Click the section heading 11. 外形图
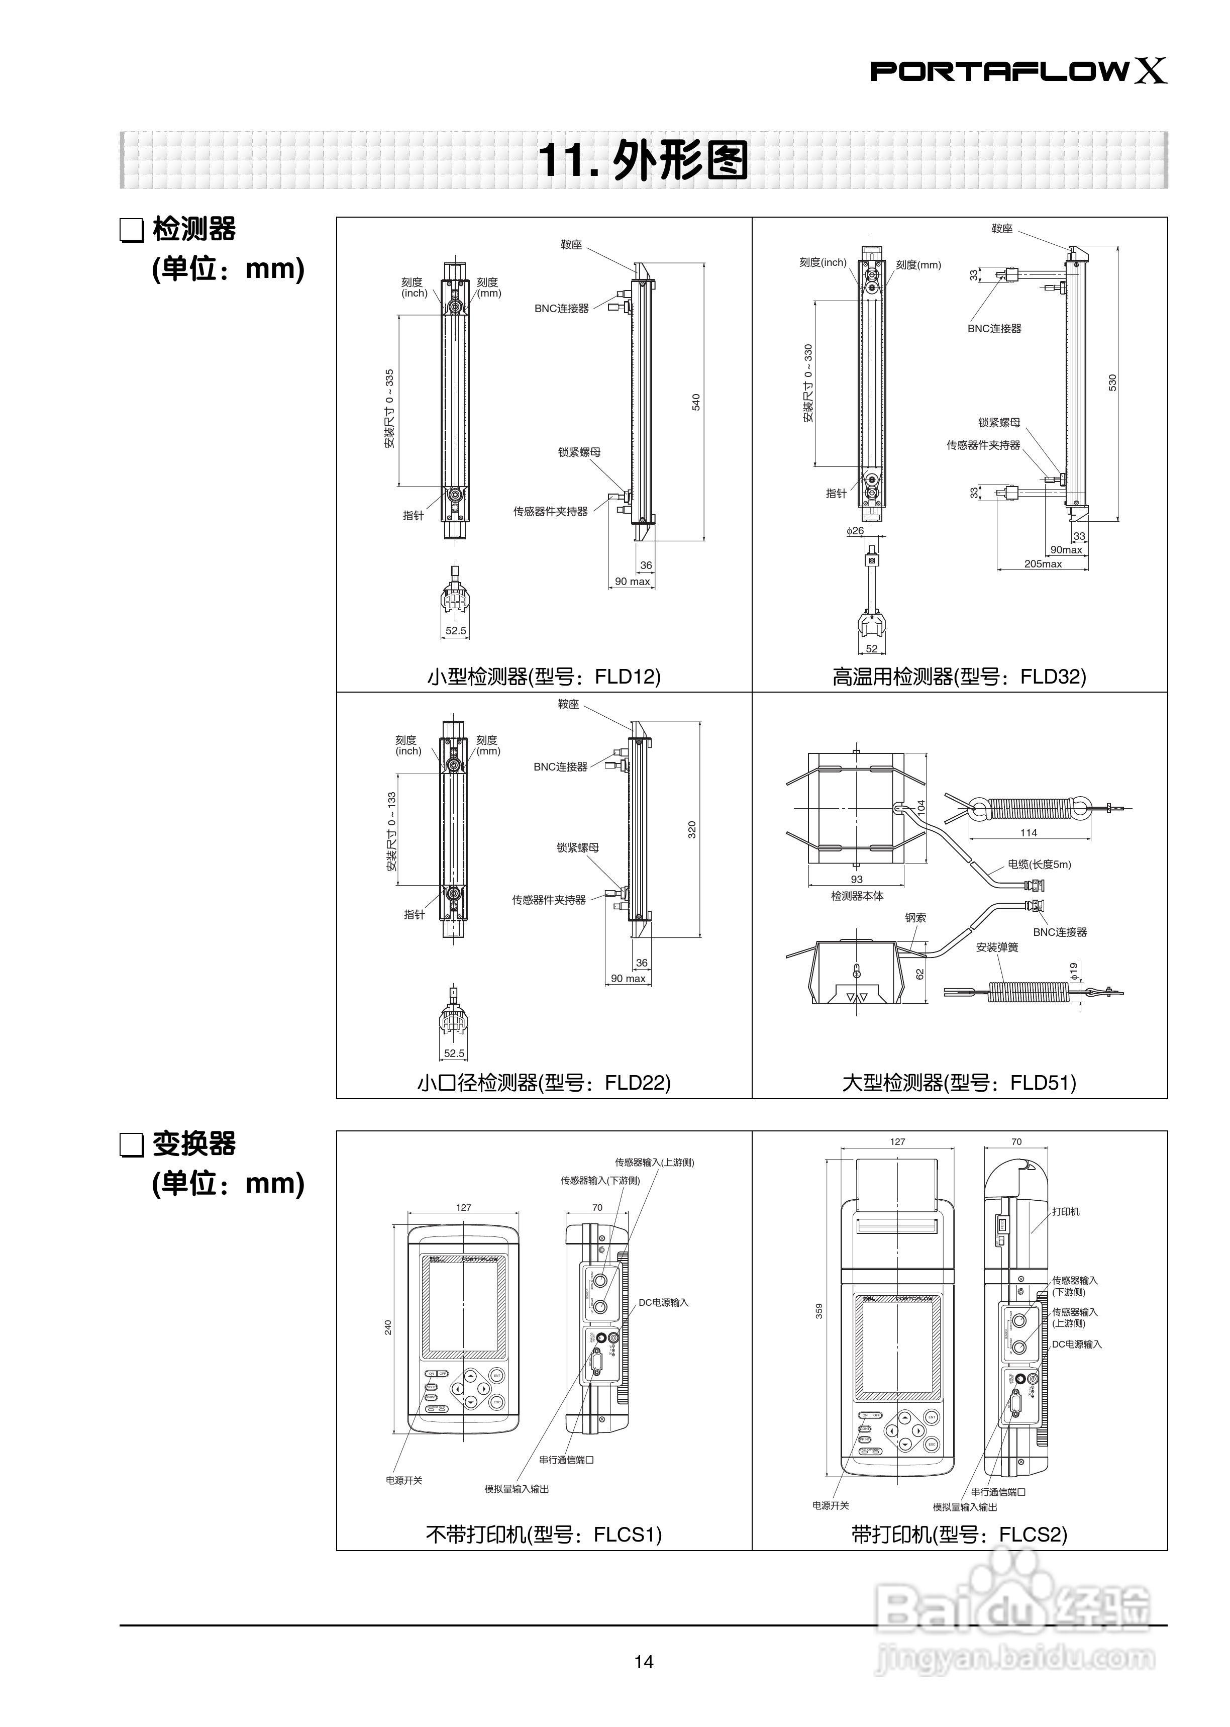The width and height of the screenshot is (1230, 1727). point(642,160)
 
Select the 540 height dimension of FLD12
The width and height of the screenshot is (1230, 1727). point(696,402)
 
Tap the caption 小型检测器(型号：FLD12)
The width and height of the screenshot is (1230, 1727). point(544,677)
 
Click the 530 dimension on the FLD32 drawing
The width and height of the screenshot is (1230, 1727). point(1112,382)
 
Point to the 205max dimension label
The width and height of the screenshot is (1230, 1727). point(1043,563)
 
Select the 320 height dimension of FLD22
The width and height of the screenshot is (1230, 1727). point(691,829)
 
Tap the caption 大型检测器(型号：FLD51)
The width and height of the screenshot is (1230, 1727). point(959,1083)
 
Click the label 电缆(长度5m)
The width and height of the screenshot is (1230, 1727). point(1039,865)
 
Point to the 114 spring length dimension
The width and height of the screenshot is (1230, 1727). point(1029,832)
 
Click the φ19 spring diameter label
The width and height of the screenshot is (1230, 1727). point(1073,970)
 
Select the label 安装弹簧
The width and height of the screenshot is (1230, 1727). point(997,947)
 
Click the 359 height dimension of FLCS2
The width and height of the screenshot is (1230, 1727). point(818,1311)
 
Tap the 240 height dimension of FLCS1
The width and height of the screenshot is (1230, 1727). point(388,1327)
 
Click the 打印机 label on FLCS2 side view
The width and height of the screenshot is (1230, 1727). point(1066,1212)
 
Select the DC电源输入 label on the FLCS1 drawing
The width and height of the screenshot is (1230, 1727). point(663,1303)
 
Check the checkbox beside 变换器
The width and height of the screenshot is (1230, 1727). point(132,1145)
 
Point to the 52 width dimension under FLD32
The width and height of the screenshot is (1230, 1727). point(872,648)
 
